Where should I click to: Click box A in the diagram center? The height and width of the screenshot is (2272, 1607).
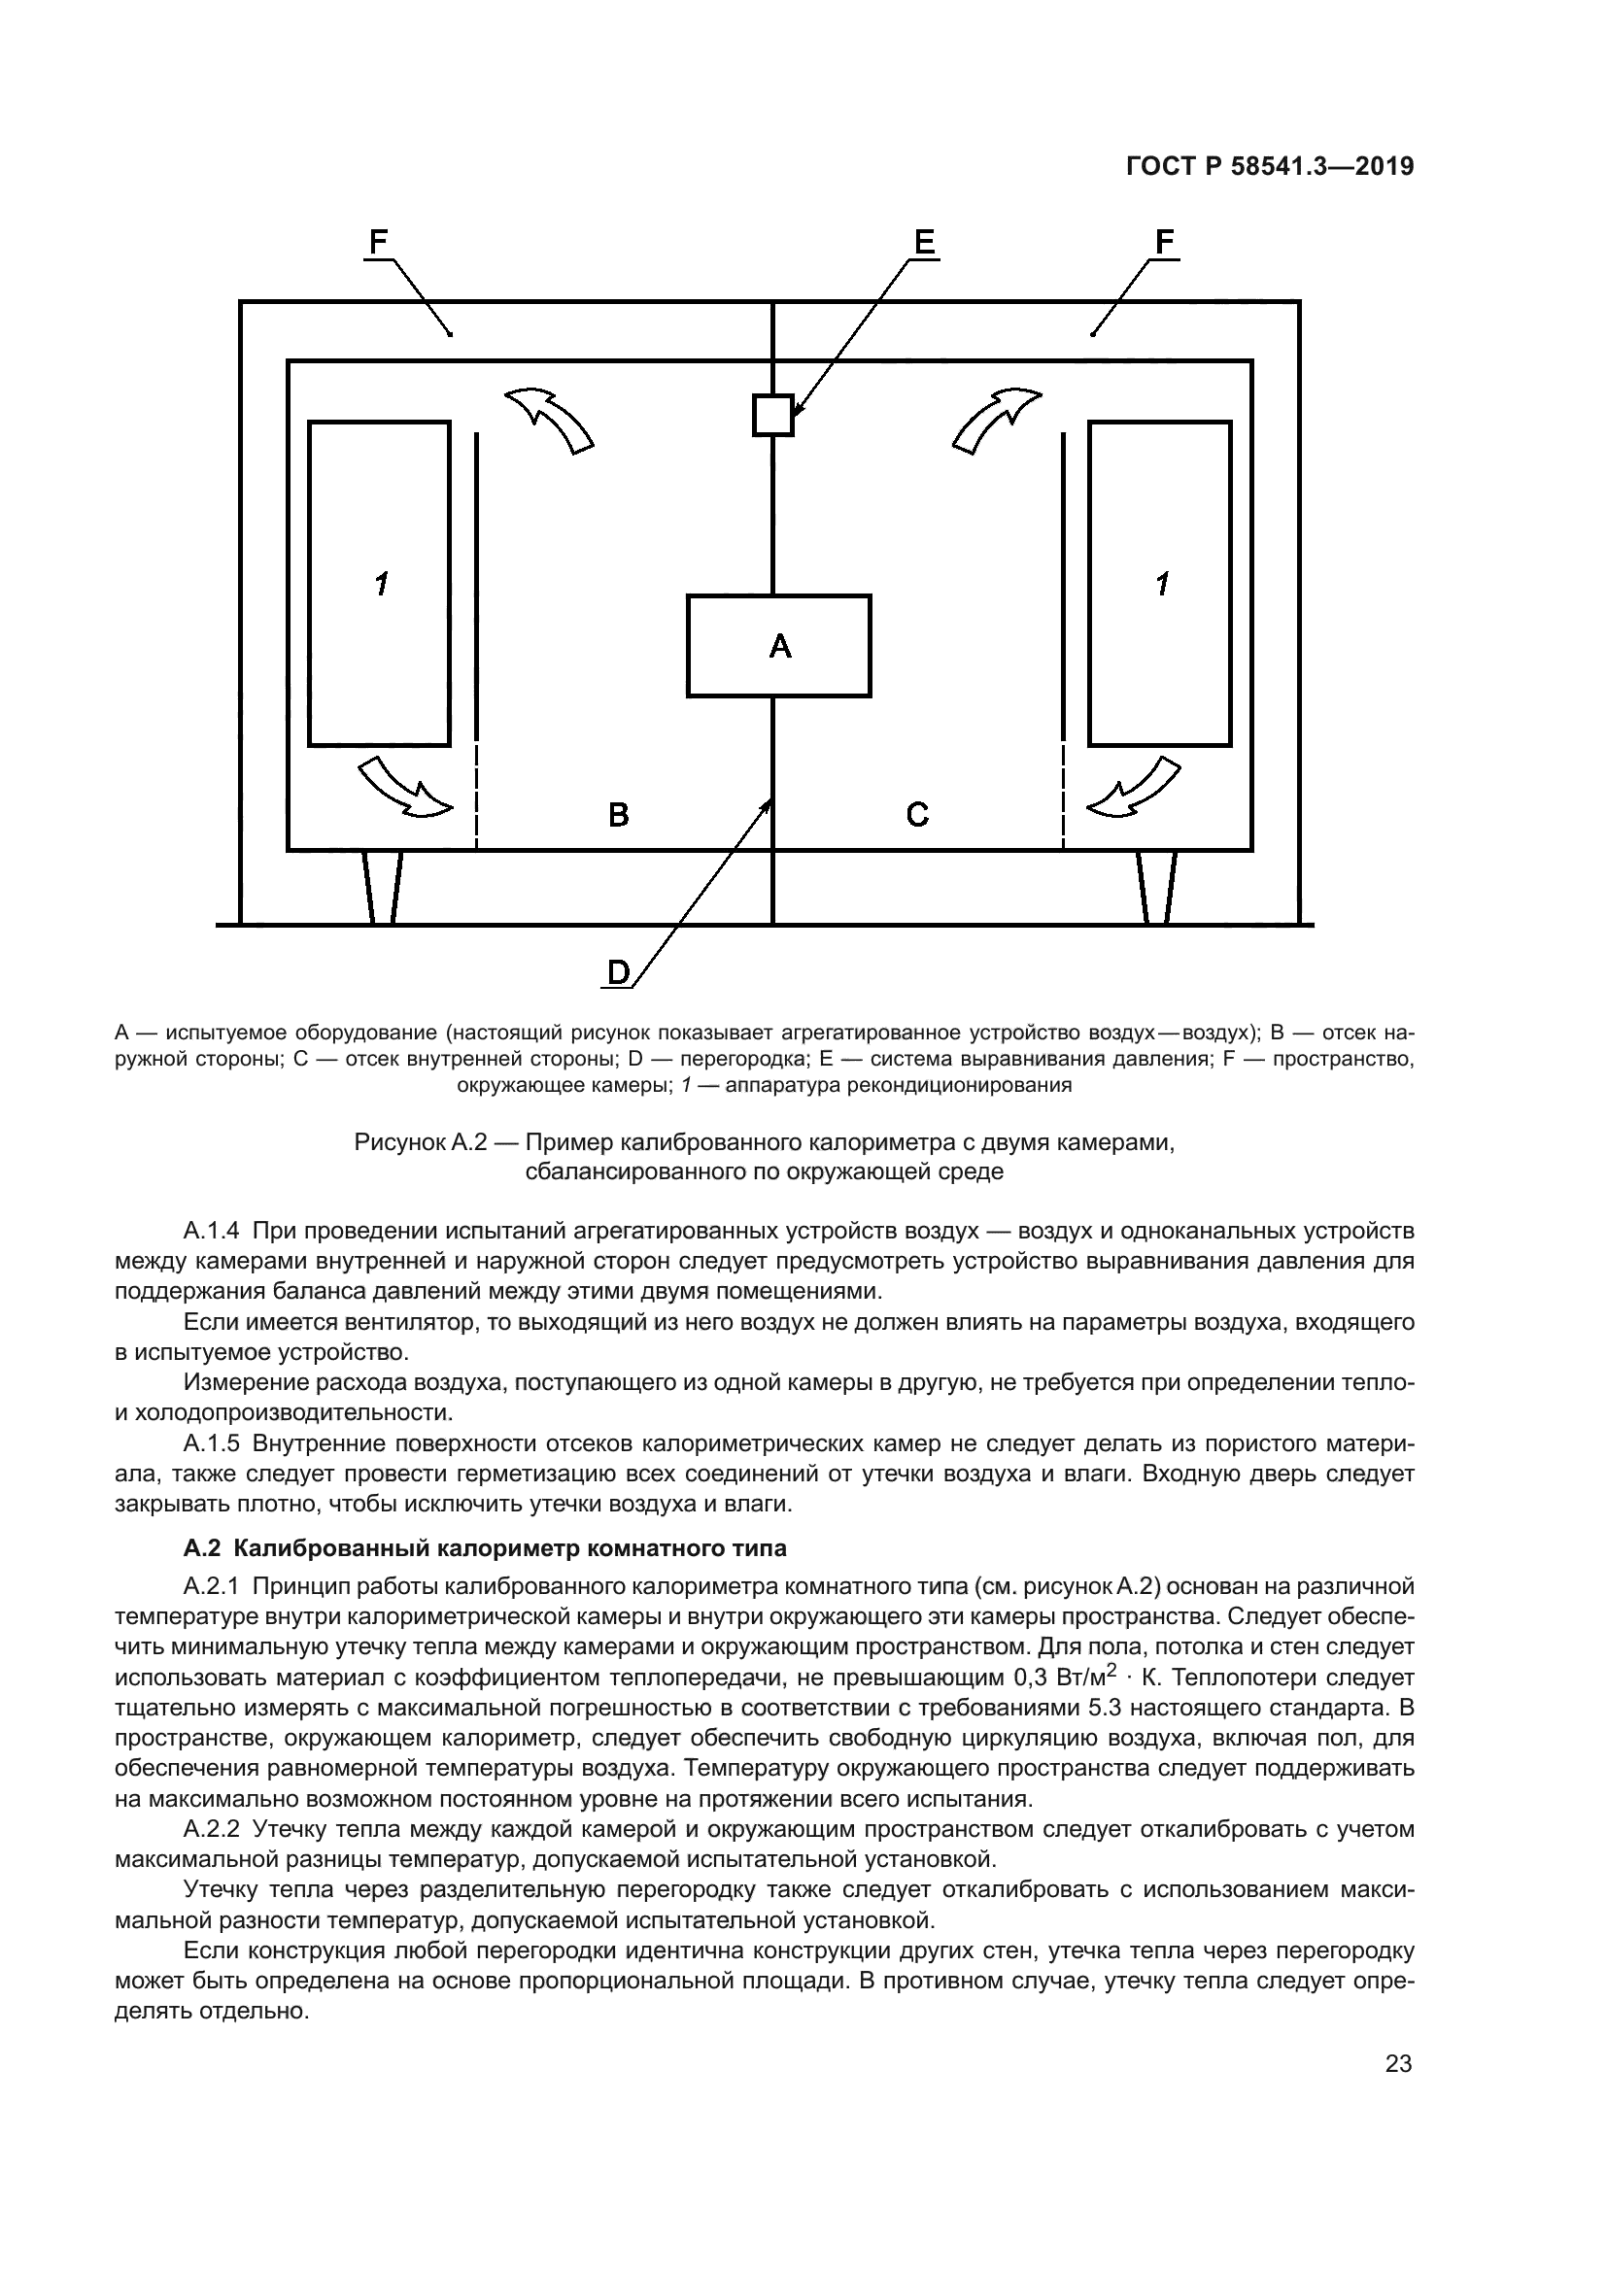(x=779, y=645)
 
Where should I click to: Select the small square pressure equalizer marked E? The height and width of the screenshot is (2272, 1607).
(x=772, y=415)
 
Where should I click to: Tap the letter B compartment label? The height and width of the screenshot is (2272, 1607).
(x=618, y=814)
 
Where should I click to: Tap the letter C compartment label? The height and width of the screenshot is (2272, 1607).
(x=917, y=814)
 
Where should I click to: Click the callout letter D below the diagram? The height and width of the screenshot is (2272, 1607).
(x=618, y=972)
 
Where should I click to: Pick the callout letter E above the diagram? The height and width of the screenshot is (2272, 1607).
(x=923, y=243)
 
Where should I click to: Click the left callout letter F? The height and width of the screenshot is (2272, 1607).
(x=378, y=243)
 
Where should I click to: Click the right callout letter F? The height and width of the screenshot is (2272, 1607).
(x=1165, y=243)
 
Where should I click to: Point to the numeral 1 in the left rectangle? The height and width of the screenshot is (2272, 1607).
(x=381, y=584)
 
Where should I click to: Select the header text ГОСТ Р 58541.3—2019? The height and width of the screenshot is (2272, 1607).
(x=1271, y=167)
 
